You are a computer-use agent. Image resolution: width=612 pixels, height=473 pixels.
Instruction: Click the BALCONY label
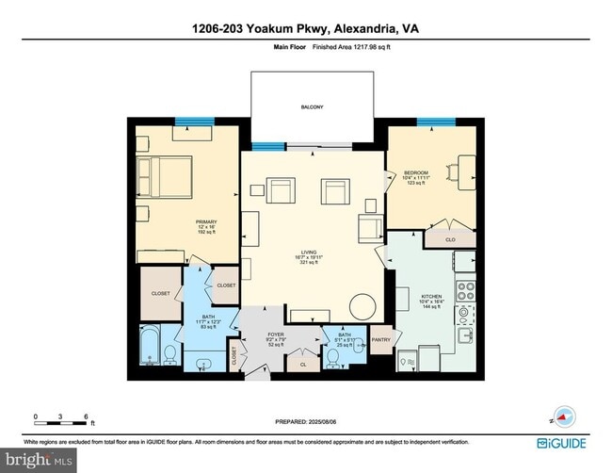tap(312, 107)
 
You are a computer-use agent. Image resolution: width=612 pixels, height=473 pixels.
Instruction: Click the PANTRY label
tap(380, 339)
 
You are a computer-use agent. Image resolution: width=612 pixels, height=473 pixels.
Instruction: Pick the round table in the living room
tap(362, 306)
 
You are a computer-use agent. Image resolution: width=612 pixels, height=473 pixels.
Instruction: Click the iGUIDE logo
tap(563, 442)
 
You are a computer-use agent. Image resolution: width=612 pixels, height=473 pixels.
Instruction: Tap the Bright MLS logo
tap(40, 461)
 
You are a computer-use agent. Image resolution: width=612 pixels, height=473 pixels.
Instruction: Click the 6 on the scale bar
tap(87, 416)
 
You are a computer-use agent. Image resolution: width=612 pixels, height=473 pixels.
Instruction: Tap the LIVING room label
tap(308, 252)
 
